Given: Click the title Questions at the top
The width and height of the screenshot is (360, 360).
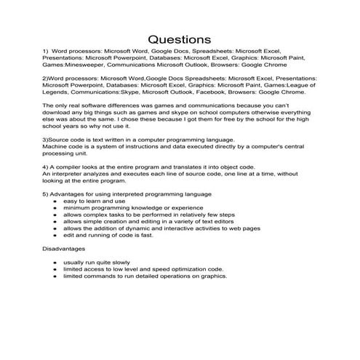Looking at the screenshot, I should pyautogui.click(x=179, y=38).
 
